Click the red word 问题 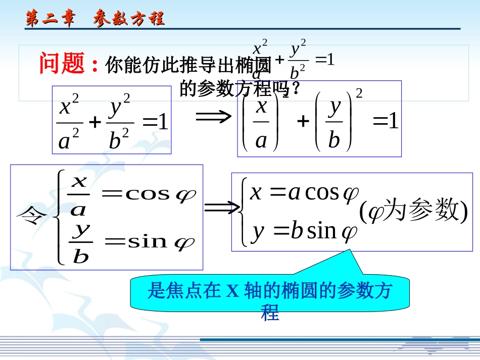click(62, 64)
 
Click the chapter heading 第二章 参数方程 click(95, 19)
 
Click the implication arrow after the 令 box click(221, 207)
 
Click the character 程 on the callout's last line click(270, 314)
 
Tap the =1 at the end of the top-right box click(386, 122)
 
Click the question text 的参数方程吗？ click(241, 89)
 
